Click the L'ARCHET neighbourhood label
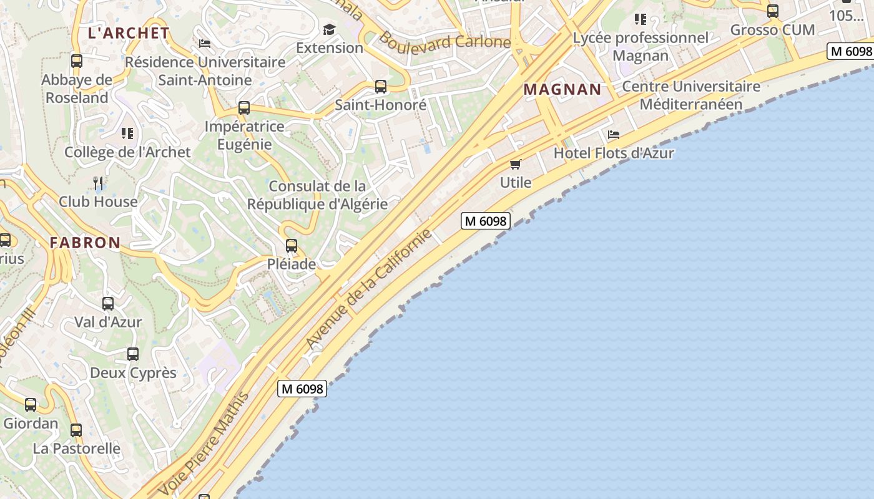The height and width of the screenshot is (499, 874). click(129, 33)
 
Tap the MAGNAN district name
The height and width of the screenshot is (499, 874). click(562, 89)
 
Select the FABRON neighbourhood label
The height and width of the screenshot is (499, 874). click(85, 243)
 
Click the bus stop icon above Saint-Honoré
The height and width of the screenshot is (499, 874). click(380, 87)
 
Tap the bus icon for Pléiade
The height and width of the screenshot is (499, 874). click(292, 246)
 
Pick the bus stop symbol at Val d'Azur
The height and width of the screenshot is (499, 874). click(108, 304)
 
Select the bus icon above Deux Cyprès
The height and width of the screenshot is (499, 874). click(133, 354)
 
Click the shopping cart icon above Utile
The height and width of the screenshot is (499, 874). click(515, 164)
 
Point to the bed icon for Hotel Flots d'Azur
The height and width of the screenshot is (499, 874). click(614, 135)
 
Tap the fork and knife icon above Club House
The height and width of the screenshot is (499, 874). click(98, 183)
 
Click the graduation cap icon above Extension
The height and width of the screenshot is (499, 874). click(329, 29)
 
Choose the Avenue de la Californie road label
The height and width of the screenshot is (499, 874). click(368, 289)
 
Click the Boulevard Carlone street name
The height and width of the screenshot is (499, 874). click(444, 41)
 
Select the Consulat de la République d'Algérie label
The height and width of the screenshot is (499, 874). click(317, 195)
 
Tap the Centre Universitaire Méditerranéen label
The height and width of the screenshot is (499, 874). click(691, 95)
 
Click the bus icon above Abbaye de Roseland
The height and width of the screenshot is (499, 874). click(77, 61)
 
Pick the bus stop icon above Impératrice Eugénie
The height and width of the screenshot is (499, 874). click(244, 108)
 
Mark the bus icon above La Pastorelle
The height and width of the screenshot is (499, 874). click(76, 430)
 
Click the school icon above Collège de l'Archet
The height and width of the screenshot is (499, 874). click(127, 133)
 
